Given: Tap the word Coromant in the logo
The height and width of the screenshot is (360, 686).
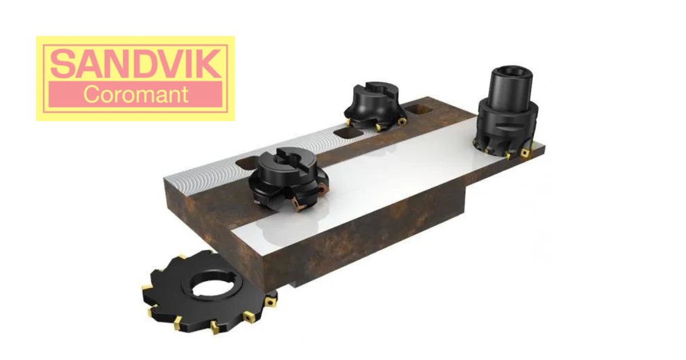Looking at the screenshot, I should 135,94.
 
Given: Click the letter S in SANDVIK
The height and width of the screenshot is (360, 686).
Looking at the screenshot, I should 61,63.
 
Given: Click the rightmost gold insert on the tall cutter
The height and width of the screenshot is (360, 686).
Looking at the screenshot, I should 525,151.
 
